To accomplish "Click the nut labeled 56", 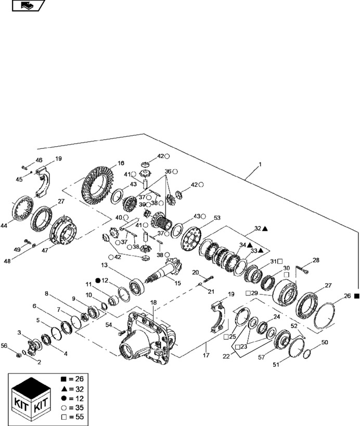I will click(x=18, y=355).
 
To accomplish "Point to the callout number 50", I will click(x=325, y=342).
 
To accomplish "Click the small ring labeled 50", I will click(x=307, y=354).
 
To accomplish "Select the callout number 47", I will click(x=46, y=250).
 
